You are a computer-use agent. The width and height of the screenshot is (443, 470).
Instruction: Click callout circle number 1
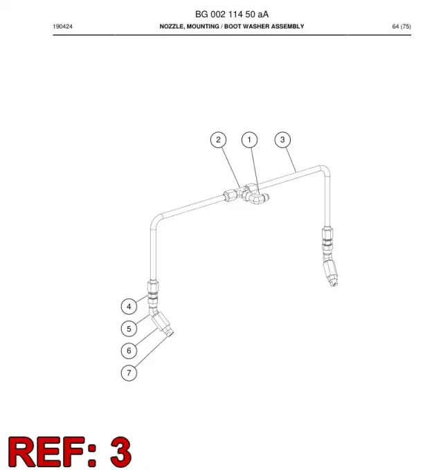point(249,140)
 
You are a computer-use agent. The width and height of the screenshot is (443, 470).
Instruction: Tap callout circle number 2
point(218,140)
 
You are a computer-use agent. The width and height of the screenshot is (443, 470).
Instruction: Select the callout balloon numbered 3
point(282,140)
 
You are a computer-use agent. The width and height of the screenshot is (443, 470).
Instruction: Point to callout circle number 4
point(129,307)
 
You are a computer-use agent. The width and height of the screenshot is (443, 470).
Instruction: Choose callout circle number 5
point(129,329)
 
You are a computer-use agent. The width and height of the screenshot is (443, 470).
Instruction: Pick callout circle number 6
point(129,351)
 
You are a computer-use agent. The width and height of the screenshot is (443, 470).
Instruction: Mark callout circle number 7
point(129,373)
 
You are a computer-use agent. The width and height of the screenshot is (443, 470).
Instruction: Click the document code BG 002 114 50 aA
point(232,14)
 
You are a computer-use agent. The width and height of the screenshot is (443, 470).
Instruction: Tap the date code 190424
point(63,26)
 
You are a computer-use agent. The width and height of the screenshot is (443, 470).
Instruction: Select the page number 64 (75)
point(401,26)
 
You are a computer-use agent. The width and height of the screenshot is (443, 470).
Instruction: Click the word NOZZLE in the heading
point(172,26)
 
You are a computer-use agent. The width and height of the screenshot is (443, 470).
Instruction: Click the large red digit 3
point(120,451)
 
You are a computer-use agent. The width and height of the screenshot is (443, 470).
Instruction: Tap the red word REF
point(51,451)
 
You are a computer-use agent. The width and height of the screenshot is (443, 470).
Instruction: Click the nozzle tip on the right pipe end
point(333,283)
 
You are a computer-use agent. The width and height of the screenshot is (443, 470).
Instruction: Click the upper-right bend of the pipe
point(325,170)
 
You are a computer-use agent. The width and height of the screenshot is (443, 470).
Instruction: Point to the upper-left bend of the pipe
point(155,220)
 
